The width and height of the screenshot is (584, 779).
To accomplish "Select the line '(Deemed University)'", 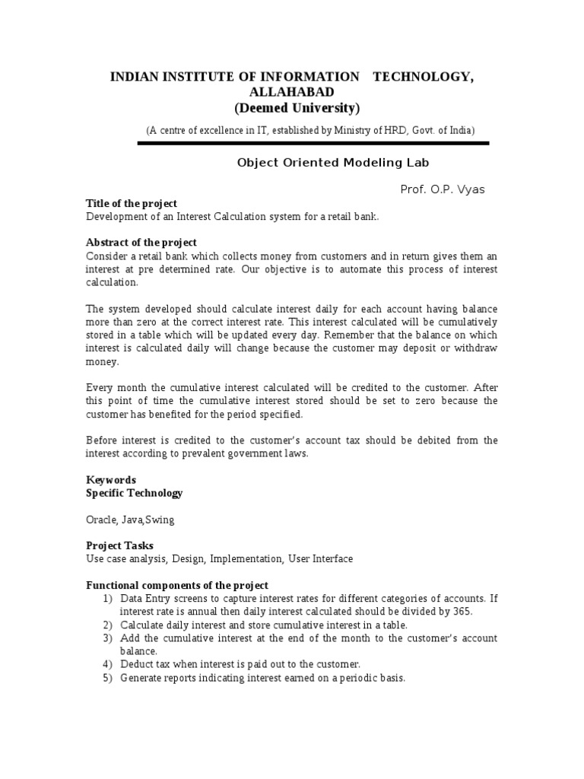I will [x=297, y=107].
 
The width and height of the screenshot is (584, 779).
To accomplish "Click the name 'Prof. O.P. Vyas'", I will [x=442, y=189].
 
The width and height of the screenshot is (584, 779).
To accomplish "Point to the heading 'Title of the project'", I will [x=132, y=204].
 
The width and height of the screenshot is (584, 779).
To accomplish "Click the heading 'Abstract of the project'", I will [x=142, y=243].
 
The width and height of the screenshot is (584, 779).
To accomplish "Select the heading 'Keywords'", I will [x=111, y=480].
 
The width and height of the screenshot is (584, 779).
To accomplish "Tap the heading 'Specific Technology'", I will [x=135, y=493].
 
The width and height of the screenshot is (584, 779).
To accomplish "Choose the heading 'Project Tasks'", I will [x=119, y=545].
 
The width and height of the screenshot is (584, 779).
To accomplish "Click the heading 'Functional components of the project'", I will [x=177, y=585].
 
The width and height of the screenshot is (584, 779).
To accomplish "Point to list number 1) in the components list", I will [x=108, y=599].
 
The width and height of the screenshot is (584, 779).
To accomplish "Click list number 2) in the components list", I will [x=108, y=625].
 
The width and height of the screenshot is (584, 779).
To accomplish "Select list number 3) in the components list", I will [x=108, y=638].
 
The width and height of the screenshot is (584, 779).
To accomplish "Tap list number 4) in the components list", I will [x=108, y=664].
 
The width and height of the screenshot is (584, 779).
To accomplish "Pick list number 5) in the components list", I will [x=108, y=677].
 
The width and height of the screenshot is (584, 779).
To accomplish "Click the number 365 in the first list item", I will [x=462, y=612].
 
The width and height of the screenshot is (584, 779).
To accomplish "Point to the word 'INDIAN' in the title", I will [x=132, y=77].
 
